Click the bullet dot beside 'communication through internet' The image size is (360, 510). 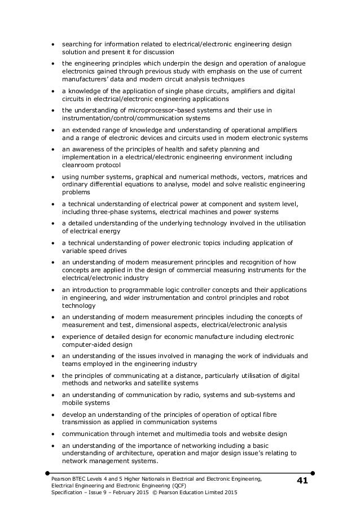(53, 434)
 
